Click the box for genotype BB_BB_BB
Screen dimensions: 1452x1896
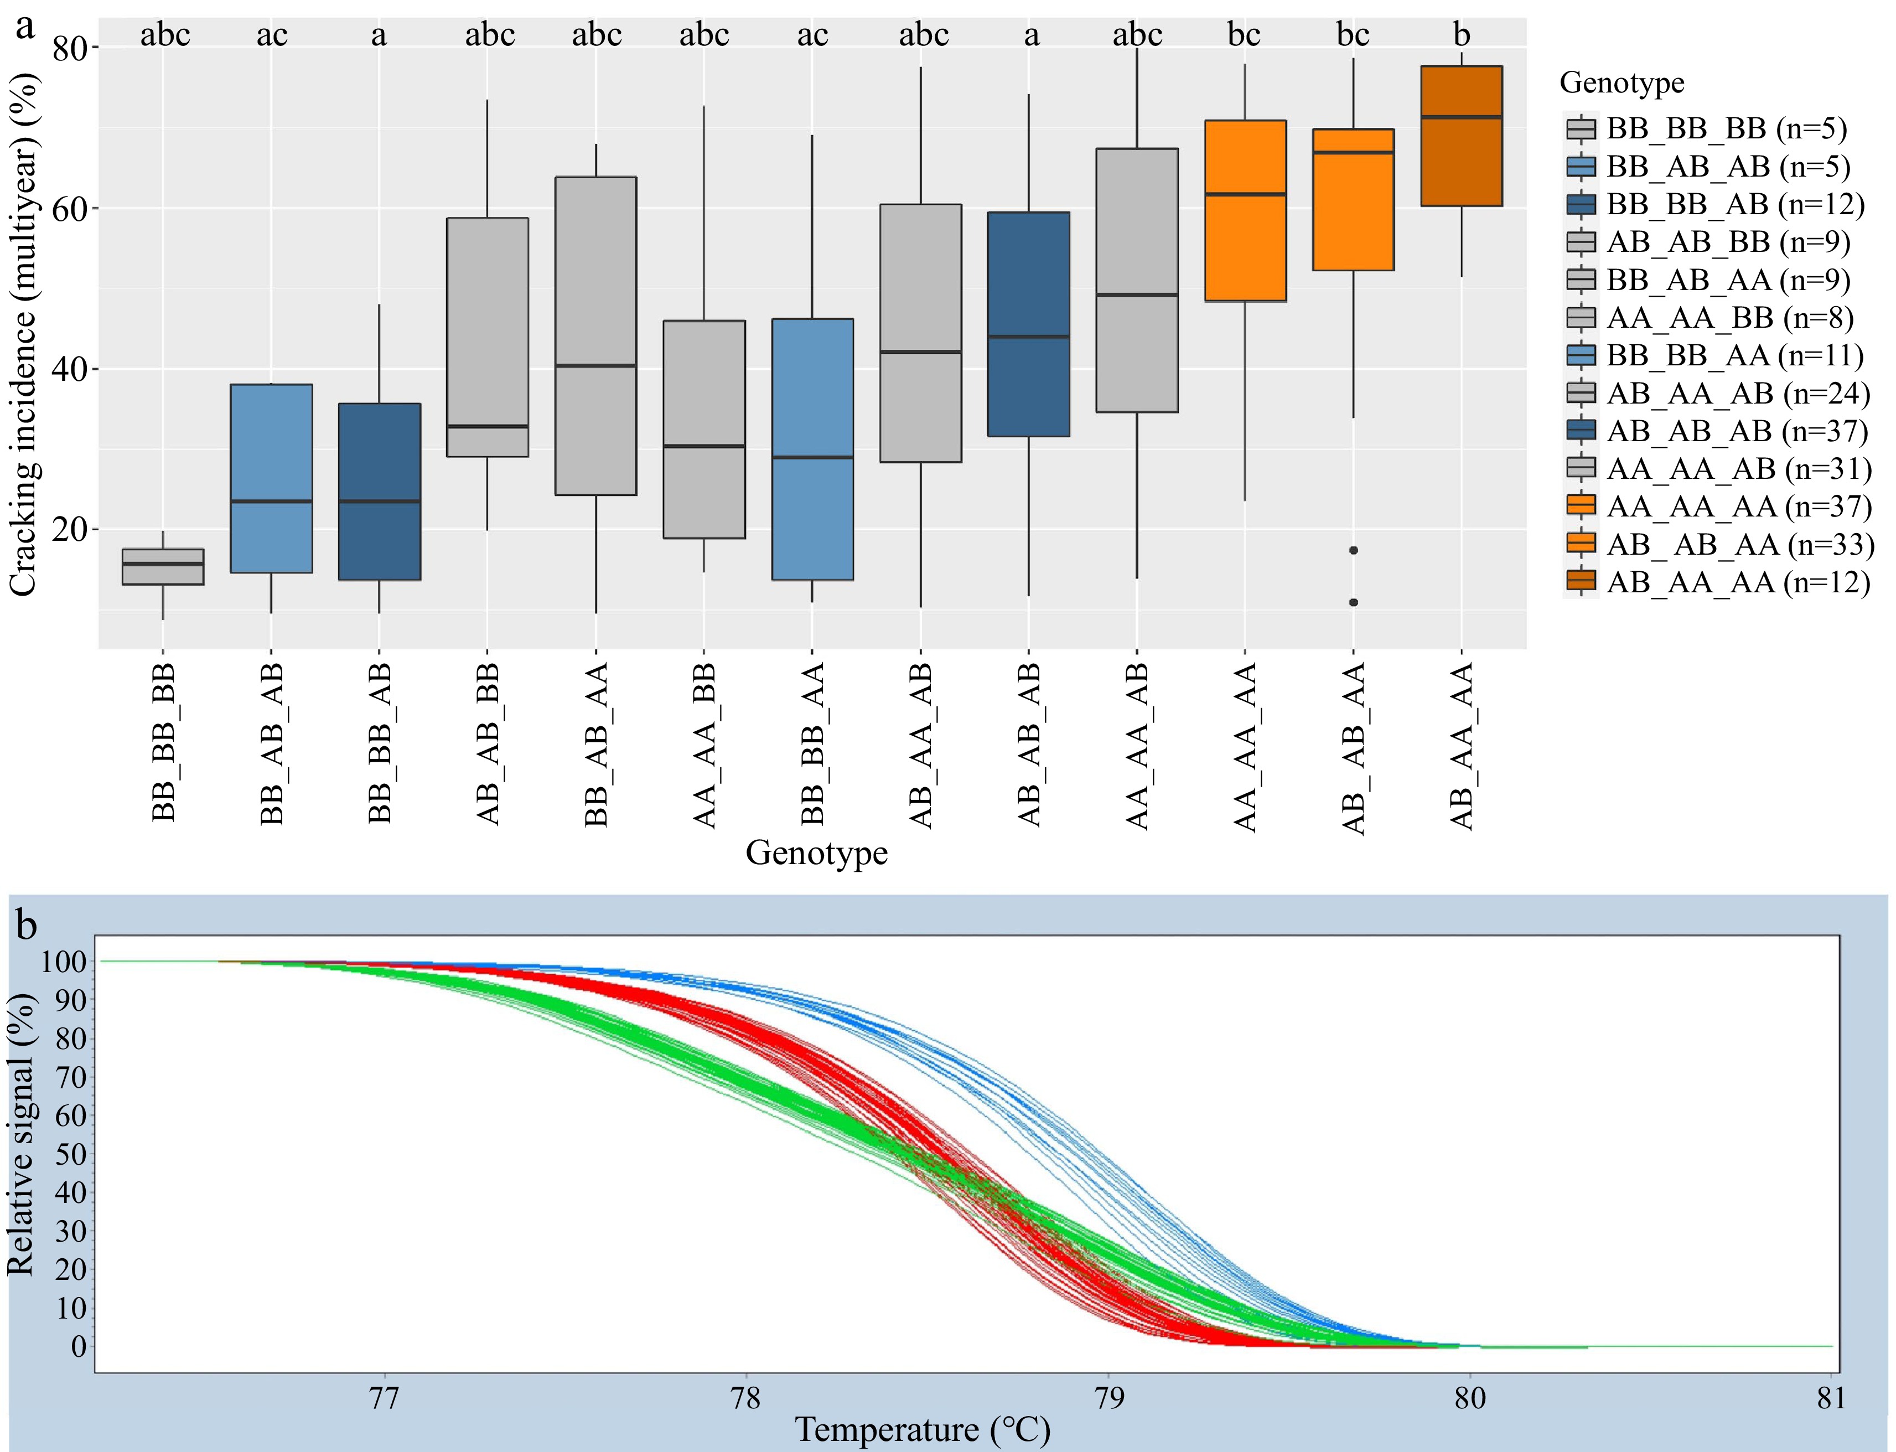click(x=163, y=567)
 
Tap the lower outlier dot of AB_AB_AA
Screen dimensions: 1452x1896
click(x=1353, y=602)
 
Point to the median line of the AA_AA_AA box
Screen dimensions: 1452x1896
click(x=1245, y=194)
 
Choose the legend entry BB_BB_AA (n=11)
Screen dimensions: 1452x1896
click(x=1733, y=356)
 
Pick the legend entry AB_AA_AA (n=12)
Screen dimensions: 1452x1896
click(x=1737, y=582)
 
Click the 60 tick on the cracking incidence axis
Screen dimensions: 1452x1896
click(x=74, y=208)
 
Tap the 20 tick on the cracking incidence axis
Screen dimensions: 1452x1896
click(x=74, y=530)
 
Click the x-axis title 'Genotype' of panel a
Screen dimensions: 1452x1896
click(x=817, y=853)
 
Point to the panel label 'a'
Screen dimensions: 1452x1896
click(x=26, y=26)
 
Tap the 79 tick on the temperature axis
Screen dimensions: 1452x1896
click(x=1108, y=1398)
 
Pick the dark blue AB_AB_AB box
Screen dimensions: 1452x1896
click(x=1028, y=324)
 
